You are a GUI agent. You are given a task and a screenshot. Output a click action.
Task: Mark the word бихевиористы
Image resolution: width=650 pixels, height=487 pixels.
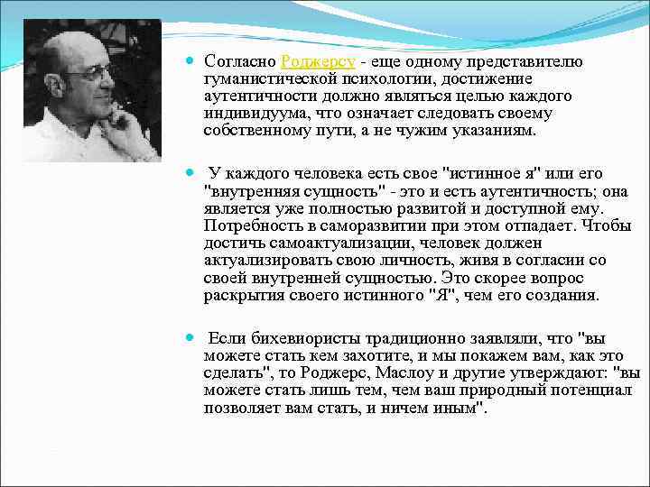tap(303, 339)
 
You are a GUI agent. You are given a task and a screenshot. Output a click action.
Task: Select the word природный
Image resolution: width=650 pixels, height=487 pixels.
tap(513, 391)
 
